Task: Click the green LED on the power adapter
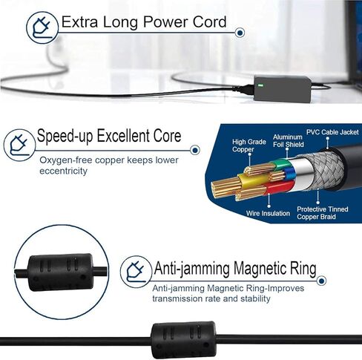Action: pyautogui.click(x=260, y=85)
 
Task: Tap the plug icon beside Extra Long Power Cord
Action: pyautogui.click(x=42, y=27)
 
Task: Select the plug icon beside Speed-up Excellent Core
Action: pyautogui.click(x=19, y=145)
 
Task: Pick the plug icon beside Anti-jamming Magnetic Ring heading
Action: pyautogui.click(x=136, y=272)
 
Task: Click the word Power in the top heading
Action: pyautogui.click(x=165, y=22)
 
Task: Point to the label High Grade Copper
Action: pyautogui.click(x=249, y=145)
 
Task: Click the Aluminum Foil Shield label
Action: pyautogui.click(x=288, y=140)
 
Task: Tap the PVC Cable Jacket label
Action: pyautogui.click(x=332, y=132)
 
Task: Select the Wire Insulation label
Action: pyautogui.click(x=268, y=213)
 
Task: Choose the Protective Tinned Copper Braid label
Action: pyautogui.click(x=323, y=213)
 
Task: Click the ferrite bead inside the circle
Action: pyautogui.click(x=61, y=272)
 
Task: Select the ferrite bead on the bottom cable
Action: pyautogui.click(x=183, y=340)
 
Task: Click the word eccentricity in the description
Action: pyautogui.click(x=63, y=171)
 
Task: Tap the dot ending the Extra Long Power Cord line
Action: pyautogui.click(x=240, y=33)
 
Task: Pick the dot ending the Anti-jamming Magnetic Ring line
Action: pyautogui.click(x=321, y=281)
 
